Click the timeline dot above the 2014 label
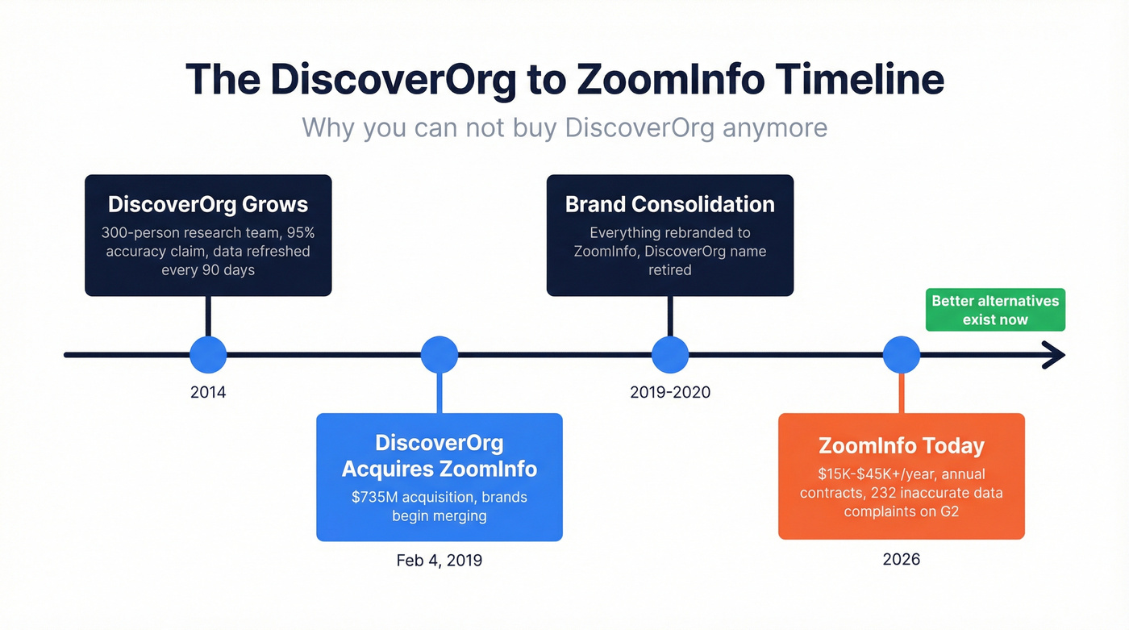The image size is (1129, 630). [x=208, y=354]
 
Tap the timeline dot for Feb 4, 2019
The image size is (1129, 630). [x=440, y=354]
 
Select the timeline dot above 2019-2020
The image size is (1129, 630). [x=670, y=354]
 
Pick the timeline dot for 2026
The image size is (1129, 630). [x=902, y=354]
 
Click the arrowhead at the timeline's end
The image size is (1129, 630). [x=1056, y=354]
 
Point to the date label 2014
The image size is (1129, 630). [x=208, y=393]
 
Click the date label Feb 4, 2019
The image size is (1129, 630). [x=440, y=560]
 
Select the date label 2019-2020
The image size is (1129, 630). [x=670, y=393]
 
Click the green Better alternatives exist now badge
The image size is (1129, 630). [x=995, y=310]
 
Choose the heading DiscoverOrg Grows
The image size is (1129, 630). [x=208, y=204]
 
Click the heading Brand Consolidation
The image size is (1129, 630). [x=670, y=204]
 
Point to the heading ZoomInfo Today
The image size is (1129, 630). [x=902, y=446]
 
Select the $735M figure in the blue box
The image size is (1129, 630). [x=373, y=498]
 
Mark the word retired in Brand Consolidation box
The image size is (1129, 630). [x=670, y=269]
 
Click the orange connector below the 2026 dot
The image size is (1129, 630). [x=902, y=394]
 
